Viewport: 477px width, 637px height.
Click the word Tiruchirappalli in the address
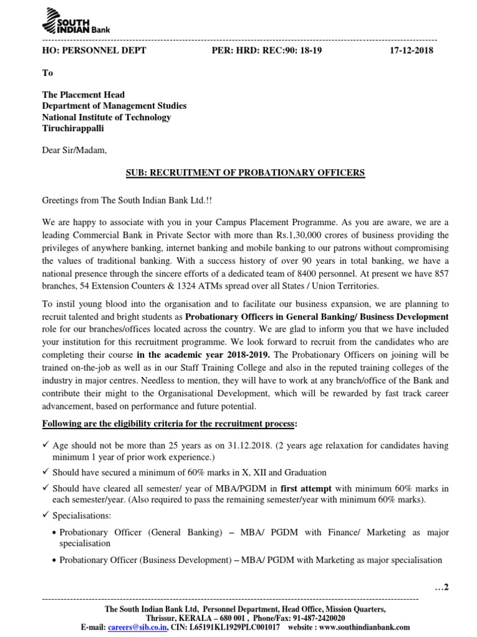tap(73, 128)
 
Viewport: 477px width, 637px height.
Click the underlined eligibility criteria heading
tap(170, 424)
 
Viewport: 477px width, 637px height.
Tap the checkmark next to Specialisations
tap(45, 516)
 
